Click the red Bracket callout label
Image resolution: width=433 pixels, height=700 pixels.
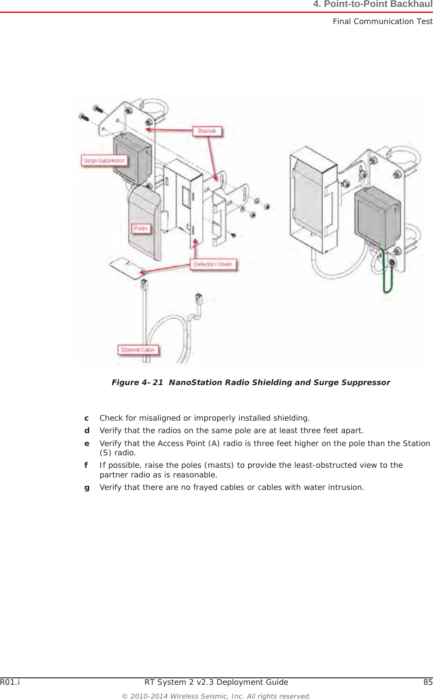pos(207,131)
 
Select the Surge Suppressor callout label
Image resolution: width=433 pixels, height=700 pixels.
pos(104,160)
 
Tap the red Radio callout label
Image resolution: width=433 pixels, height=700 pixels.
pos(140,229)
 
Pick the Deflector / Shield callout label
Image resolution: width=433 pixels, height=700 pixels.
pos(213,264)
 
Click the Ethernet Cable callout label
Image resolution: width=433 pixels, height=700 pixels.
pos(138,350)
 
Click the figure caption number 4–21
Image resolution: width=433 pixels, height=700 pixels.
pos(152,382)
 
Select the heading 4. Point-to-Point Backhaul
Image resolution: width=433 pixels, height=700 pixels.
pos(372,5)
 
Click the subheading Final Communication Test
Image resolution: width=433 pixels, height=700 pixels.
pos(382,21)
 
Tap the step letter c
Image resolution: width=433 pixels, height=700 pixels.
pos(86,418)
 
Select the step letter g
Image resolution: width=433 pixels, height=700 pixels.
pos(86,487)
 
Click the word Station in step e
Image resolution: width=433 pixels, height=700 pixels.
pos(416,443)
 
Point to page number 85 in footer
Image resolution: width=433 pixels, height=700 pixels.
pos(428,682)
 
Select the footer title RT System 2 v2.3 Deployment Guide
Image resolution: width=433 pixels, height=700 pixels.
pos(216,682)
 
